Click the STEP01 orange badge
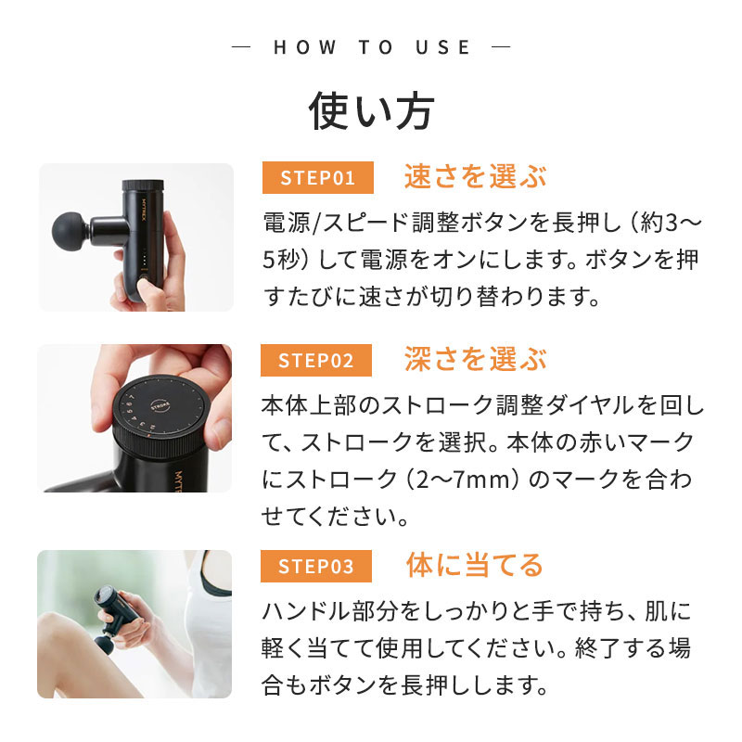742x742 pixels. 317,177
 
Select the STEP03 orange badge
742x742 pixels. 317,565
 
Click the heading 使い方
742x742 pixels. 371,111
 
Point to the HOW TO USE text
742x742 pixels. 372,47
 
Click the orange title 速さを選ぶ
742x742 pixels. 475,176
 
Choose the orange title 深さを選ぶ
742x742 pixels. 475,360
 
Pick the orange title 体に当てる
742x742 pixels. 474,564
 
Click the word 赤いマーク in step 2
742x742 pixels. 641,443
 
